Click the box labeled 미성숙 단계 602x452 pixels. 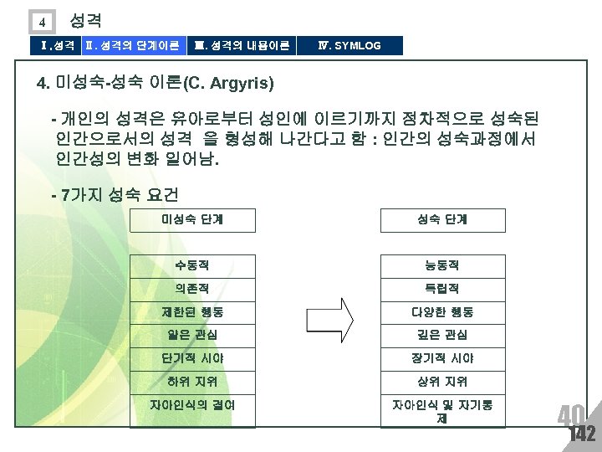tap(192, 220)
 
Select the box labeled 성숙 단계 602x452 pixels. tap(442, 220)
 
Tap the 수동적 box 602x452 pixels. tap(192, 265)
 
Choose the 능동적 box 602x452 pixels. tap(442, 265)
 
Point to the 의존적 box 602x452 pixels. tap(192, 289)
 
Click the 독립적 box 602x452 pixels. tap(442, 289)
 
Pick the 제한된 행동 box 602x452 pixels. tap(192, 312)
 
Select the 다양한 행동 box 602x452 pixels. tap(442, 312)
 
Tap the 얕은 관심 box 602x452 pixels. tap(192, 335)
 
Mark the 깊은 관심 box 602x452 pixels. tap(442, 335)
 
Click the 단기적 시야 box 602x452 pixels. tap(192, 358)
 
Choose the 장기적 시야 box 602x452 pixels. tap(442, 358)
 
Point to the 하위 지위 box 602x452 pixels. tap(192, 382)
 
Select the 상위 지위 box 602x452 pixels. tap(442, 382)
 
